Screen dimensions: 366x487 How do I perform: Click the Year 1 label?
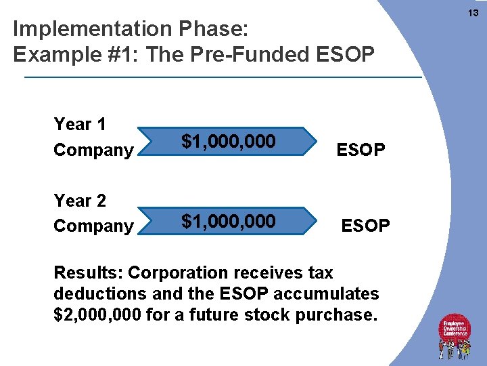point(80,124)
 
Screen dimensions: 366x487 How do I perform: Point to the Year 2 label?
point(80,201)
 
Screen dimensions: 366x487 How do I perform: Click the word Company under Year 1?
point(93,150)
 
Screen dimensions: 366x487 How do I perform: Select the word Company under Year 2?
point(93,226)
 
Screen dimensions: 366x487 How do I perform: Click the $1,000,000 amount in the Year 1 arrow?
point(228,142)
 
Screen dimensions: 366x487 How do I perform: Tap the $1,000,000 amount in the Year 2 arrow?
point(228,221)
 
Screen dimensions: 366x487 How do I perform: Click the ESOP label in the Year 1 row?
point(361,150)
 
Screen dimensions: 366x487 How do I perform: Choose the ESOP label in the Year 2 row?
point(365,225)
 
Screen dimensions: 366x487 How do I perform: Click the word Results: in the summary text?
point(88,273)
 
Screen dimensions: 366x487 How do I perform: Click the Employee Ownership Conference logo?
point(455,335)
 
